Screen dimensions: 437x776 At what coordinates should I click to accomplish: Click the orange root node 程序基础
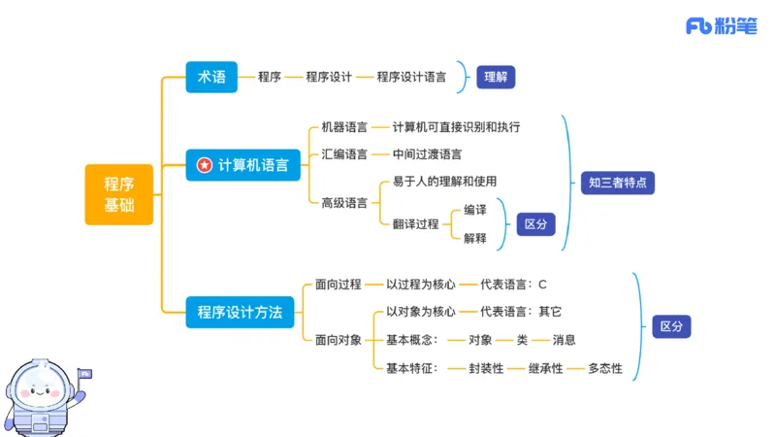(119, 194)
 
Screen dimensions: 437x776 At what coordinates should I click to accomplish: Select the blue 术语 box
(211, 77)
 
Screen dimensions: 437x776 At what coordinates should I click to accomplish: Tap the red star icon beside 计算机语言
(204, 165)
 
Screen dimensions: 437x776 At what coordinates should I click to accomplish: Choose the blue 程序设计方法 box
(240, 312)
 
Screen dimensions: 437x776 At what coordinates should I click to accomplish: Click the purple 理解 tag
(496, 77)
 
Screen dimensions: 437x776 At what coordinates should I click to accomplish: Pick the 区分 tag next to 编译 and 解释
(535, 223)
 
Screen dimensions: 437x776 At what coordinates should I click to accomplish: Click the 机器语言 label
(344, 127)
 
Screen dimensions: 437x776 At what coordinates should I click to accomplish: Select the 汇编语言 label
(344, 153)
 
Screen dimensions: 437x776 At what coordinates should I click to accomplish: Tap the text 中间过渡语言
(427, 153)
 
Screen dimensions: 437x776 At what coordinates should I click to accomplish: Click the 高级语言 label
(344, 202)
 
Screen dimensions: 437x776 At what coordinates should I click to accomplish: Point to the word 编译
(475, 210)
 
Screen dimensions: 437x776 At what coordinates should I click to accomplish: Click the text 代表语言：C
(513, 285)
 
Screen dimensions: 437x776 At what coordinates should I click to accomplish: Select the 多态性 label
(605, 368)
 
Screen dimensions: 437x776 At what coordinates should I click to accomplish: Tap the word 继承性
(545, 368)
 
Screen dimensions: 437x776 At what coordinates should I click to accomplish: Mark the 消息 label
(564, 340)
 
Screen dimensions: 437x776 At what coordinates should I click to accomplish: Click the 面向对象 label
(339, 340)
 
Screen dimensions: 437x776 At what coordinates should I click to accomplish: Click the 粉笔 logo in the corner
(723, 26)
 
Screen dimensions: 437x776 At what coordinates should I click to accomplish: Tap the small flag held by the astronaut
(84, 372)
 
